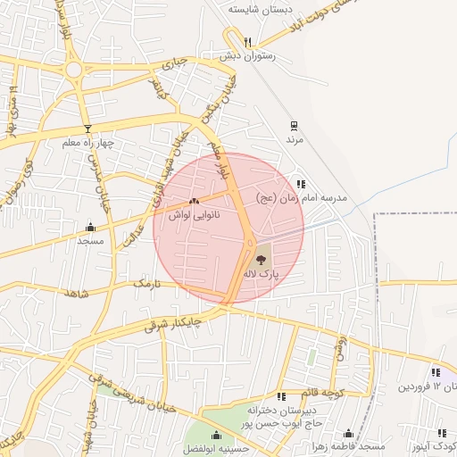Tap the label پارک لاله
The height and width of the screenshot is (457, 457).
coord(275,276)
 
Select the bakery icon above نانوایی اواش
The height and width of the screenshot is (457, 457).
coord(195,201)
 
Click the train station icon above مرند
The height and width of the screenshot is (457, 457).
coord(295,126)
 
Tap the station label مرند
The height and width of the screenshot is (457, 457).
coord(295,140)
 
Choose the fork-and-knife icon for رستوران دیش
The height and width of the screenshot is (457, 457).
coord(248,41)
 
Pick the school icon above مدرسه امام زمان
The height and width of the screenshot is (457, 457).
coord(300,183)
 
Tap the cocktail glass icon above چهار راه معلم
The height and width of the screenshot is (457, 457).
coord(87,129)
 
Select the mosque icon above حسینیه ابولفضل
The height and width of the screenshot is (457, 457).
coord(215,435)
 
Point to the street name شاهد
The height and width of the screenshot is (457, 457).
coord(77,293)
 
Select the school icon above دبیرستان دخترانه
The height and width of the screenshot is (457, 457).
coord(282,395)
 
